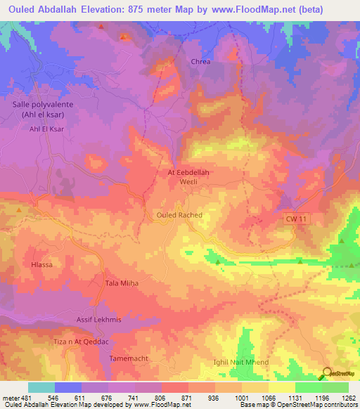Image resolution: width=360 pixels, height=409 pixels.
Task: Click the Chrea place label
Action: [201, 62]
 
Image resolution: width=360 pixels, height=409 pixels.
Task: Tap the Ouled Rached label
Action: [179, 215]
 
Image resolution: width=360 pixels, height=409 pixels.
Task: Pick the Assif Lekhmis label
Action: [98, 320]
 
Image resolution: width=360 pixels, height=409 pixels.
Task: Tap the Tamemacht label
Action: [129, 358]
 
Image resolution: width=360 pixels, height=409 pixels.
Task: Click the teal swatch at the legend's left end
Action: [41, 387]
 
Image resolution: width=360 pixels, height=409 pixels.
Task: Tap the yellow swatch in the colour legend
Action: [282, 387]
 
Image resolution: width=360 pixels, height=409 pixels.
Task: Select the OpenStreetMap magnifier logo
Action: [326, 373]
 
